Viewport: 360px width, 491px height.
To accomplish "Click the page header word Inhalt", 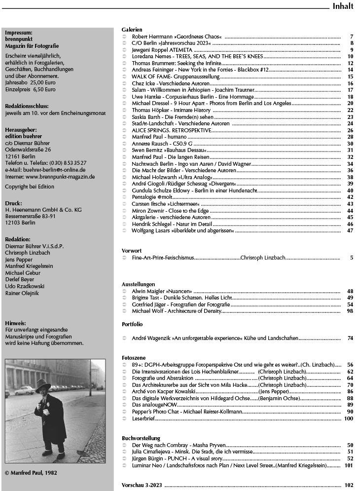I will pyautogui.click(x=343, y=6).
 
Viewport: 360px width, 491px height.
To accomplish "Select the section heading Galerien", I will pyautogui.click(x=132, y=30).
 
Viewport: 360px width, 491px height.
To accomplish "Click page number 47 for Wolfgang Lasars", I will pyautogui.click(x=350, y=230).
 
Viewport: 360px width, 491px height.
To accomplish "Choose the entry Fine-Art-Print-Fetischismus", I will pyautogui.click(x=163, y=258).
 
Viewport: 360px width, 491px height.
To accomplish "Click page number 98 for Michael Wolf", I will pyautogui.click(x=350, y=311).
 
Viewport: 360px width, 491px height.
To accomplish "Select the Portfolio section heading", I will pyautogui.click(x=132, y=324).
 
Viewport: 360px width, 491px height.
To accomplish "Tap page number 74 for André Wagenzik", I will pyautogui.click(x=350, y=338).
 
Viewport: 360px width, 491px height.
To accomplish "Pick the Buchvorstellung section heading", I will pyautogui.click(x=141, y=438).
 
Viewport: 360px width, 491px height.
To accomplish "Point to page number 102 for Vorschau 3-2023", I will pyautogui.click(x=349, y=485).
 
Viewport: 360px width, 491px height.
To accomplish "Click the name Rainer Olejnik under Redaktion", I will pyautogui.click(x=22, y=293).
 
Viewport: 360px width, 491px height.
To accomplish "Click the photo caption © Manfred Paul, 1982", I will pyautogui.click(x=31, y=472).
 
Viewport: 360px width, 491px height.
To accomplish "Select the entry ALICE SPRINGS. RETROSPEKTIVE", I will pyautogui.click(x=171, y=130).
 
